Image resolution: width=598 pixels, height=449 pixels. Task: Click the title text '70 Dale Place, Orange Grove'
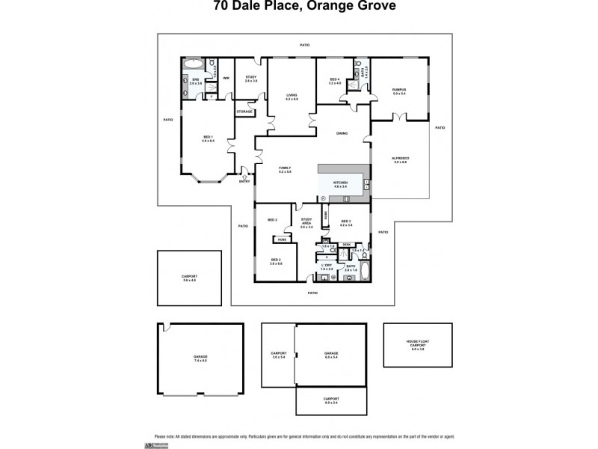click(x=300, y=7)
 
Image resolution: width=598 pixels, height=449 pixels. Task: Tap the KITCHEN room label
click(x=341, y=184)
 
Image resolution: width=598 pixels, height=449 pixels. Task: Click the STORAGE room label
click(x=244, y=112)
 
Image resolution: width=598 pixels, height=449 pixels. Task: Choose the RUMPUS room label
click(x=398, y=91)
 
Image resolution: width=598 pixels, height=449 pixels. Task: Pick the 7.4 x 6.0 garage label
click(x=200, y=358)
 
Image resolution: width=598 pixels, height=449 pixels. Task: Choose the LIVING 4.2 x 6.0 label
click(x=292, y=97)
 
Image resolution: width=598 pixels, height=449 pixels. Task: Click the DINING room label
click(x=342, y=133)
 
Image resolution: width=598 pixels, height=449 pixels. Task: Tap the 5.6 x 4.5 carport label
click(x=189, y=278)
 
